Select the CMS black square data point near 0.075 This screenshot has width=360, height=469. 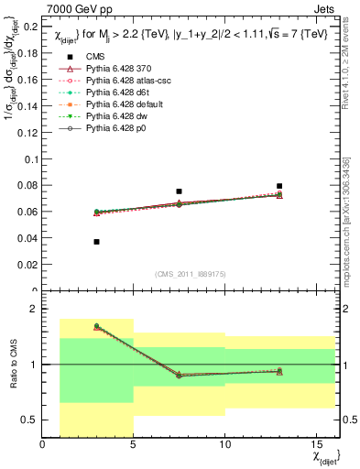pos(179,191)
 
